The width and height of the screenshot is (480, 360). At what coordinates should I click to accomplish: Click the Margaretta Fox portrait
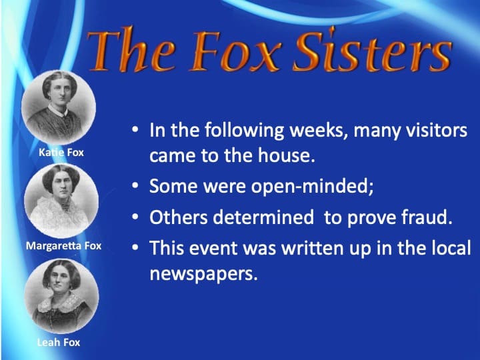click(61, 199)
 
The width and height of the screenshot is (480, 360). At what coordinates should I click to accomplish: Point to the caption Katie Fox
click(61, 153)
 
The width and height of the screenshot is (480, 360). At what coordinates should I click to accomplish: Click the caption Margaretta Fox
click(63, 246)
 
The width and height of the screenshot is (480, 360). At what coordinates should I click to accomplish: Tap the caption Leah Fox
click(58, 343)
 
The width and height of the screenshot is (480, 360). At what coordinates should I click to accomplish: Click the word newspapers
click(203, 274)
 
